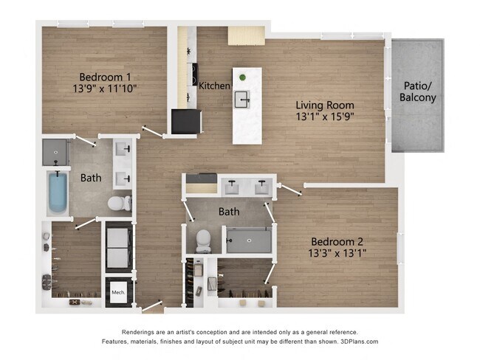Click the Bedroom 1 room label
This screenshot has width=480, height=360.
(x=105, y=77)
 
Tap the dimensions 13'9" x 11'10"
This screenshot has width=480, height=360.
(x=105, y=89)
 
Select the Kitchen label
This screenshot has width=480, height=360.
(x=214, y=86)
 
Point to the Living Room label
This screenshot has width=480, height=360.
(x=325, y=105)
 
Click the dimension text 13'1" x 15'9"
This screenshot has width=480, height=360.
(x=325, y=117)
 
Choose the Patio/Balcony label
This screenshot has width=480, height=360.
(x=418, y=91)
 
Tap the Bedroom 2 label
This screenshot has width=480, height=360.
(x=337, y=241)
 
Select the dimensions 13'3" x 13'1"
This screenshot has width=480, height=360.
(x=337, y=253)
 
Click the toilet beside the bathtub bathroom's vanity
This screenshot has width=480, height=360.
(x=119, y=202)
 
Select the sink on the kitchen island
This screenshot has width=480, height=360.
(x=243, y=98)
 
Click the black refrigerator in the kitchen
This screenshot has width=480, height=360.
(x=186, y=120)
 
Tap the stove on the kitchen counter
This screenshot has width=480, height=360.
(x=193, y=74)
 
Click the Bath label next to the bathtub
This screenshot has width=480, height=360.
(x=91, y=178)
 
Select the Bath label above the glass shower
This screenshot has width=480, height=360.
(x=229, y=212)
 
